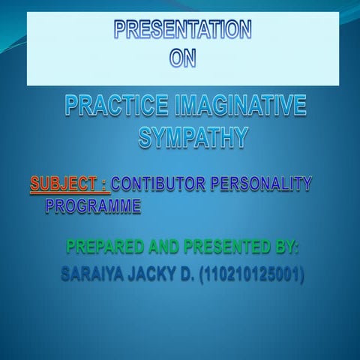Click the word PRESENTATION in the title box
coord(182,31)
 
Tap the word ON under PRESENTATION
coord(182,58)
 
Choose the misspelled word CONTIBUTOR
coord(162,183)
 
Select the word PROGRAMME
coord(93,205)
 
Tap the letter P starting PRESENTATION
coord(120,31)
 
